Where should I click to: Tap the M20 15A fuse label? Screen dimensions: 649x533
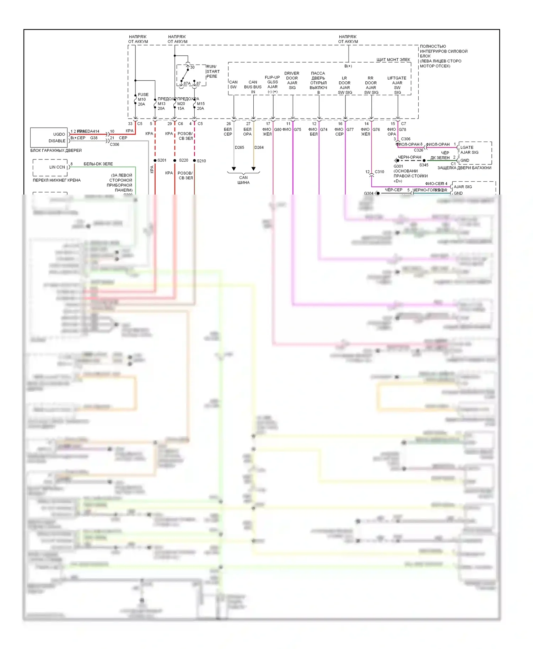(x=181, y=106)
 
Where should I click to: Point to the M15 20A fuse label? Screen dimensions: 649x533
(x=201, y=106)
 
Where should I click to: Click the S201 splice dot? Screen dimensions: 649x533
(x=155, y=160)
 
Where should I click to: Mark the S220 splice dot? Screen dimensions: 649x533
(x=175, y=160)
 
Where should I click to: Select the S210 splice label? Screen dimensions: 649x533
(x=201, y=161)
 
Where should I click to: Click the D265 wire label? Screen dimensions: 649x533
(x=239, y=147)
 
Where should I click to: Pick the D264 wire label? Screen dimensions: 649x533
(x=259, y=147)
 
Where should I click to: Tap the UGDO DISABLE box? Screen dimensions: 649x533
(x=49, y=137)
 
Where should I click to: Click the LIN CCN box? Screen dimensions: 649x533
(x=50, y=167)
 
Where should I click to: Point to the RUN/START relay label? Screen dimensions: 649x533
(x=213, y=71)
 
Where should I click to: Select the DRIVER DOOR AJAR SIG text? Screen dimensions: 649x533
(x=292, y=80)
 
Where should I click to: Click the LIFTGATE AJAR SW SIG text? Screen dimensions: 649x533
(x=397, y=85)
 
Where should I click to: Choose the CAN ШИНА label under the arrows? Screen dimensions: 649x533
(x=243, y=180)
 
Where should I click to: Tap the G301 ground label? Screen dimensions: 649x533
(x=398, y=166)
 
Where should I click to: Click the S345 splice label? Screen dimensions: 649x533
(x=424, y=165)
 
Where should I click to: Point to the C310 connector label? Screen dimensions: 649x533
(x=379, y=172)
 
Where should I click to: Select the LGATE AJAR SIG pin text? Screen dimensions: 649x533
(x=469, y=150)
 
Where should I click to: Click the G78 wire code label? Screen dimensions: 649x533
(x=402, y=130)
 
